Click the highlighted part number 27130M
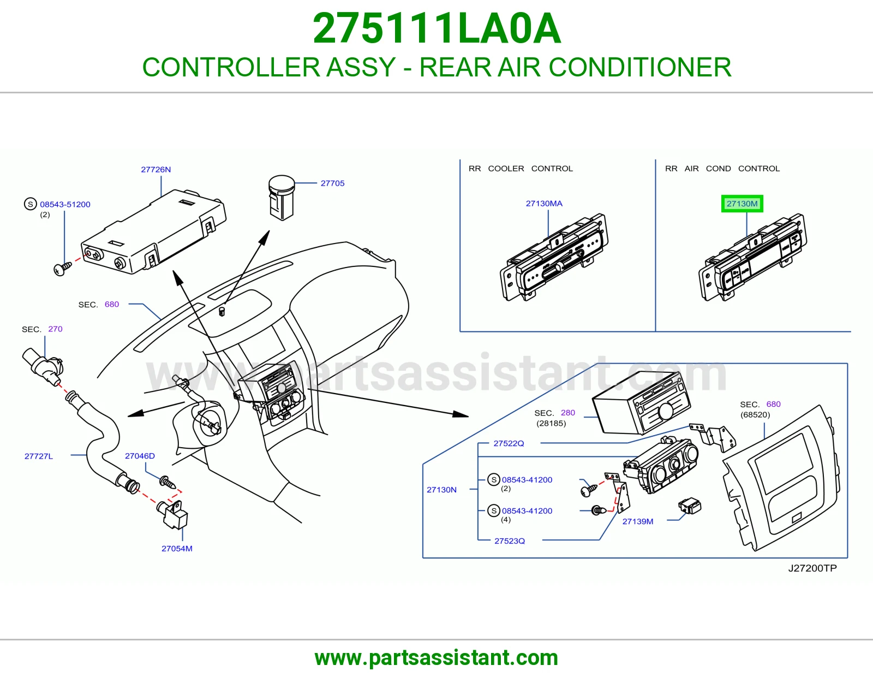[x=742, y=204]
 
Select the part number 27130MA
[x=544, y=204]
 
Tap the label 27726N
[x=156, y=169]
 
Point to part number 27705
[x=332, y=183]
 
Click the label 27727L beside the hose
[x=39, y=456]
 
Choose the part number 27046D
[x=140, y=455]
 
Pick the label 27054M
[x=177, y=548]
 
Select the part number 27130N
[x=441, y=490]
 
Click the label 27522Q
[x=509, y=443]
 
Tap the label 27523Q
[x=510, y=541]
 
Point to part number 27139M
[x=638, y=521]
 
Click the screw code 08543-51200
[x=65, y=204]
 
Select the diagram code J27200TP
[x=812, y=568]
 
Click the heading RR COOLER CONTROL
[x=521, y=169]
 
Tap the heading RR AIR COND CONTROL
[x=722, y=169]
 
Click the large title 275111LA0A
[x=436, y=28]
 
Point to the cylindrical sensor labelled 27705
[x=282, y=198]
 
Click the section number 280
[x=567, y=412]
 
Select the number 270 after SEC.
[x=55, y=329]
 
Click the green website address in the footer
[x=436, y=658]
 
